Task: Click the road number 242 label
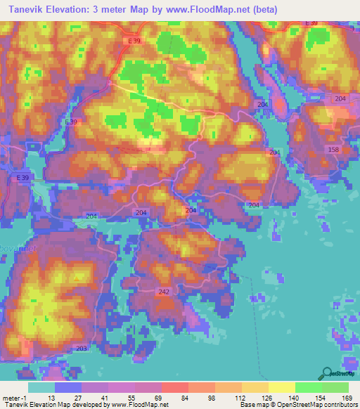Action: point(165,291)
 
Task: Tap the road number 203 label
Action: point(81,348)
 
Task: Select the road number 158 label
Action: point(333,150)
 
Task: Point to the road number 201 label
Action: point(275,152)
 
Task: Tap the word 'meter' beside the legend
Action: point(11,397)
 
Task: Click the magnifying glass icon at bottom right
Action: point(326,373)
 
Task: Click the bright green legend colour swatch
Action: point(308,387)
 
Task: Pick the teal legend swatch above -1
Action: point(41,387)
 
